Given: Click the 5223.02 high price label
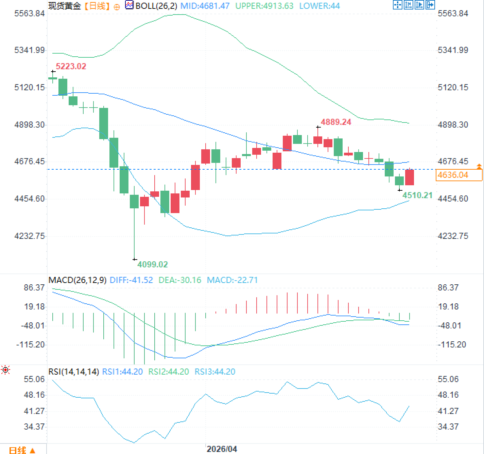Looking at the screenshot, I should tap(71, 67).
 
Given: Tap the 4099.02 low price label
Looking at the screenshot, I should tap(152, 264).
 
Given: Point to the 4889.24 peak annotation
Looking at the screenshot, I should tap(336, 122).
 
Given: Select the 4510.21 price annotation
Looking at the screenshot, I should tap(417, 195).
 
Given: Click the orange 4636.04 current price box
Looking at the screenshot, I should tap(459, 175).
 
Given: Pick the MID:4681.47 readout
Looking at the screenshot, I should tap(205, 6).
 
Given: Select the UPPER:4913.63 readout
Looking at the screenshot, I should tap(264, 6).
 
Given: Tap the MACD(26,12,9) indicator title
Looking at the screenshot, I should tap(77, 280).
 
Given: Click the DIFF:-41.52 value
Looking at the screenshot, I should tap(132, 280).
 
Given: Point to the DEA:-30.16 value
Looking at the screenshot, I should tap(180, 280).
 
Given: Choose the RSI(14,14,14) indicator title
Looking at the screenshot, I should tap(73, 372).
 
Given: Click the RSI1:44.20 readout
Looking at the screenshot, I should tap(122, 372).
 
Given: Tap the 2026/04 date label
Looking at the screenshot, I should tap(222, 449).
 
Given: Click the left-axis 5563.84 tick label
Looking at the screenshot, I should tap(30, 14).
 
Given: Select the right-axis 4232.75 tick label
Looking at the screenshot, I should tap(453, 236).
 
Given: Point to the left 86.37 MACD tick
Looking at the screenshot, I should tap(34, 288).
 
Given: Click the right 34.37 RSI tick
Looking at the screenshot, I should tap(448, 427).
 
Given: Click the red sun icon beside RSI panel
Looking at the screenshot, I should tap(5, 370).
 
